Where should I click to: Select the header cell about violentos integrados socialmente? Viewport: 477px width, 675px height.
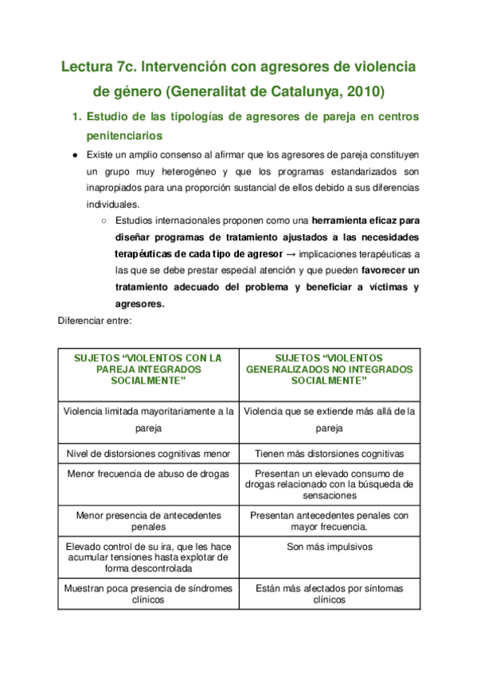148,369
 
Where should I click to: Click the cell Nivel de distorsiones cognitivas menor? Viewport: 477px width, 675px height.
148,453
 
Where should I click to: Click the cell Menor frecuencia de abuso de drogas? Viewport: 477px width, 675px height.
148,474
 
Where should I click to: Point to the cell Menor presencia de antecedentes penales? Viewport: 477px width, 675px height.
148,521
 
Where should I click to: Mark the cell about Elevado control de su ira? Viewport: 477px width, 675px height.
148,557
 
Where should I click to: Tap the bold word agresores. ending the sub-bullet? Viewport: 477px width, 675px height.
140,303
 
